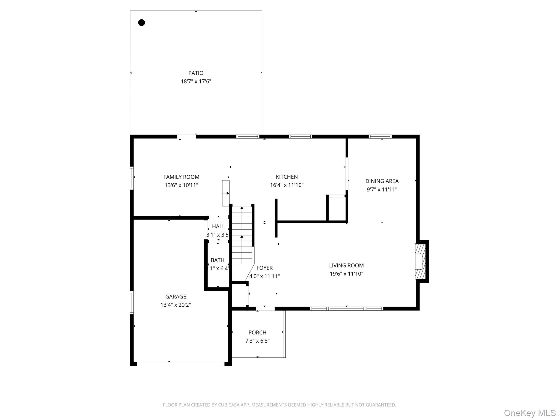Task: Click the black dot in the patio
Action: point(141,23)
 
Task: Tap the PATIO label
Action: point(196,73)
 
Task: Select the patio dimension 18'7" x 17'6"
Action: point(196,82)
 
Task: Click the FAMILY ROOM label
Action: point(181,177)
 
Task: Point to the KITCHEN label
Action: point(287,177)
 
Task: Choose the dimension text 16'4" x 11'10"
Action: point(287,185)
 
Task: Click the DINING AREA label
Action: point(382,181)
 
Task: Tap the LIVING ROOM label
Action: point(346,265)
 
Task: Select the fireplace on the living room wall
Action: point(420,262)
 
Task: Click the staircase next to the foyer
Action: point(242,235)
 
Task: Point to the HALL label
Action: point(218,226)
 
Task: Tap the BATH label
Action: point(218,260)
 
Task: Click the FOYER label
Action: point(264,268)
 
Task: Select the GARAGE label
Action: point(176,297)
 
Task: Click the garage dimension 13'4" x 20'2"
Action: point(176,305)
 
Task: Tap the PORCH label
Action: point(257,333)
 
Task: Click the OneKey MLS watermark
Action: point(530,413)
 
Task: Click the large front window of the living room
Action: point(346,309)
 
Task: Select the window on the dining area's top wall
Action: point(380,137)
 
